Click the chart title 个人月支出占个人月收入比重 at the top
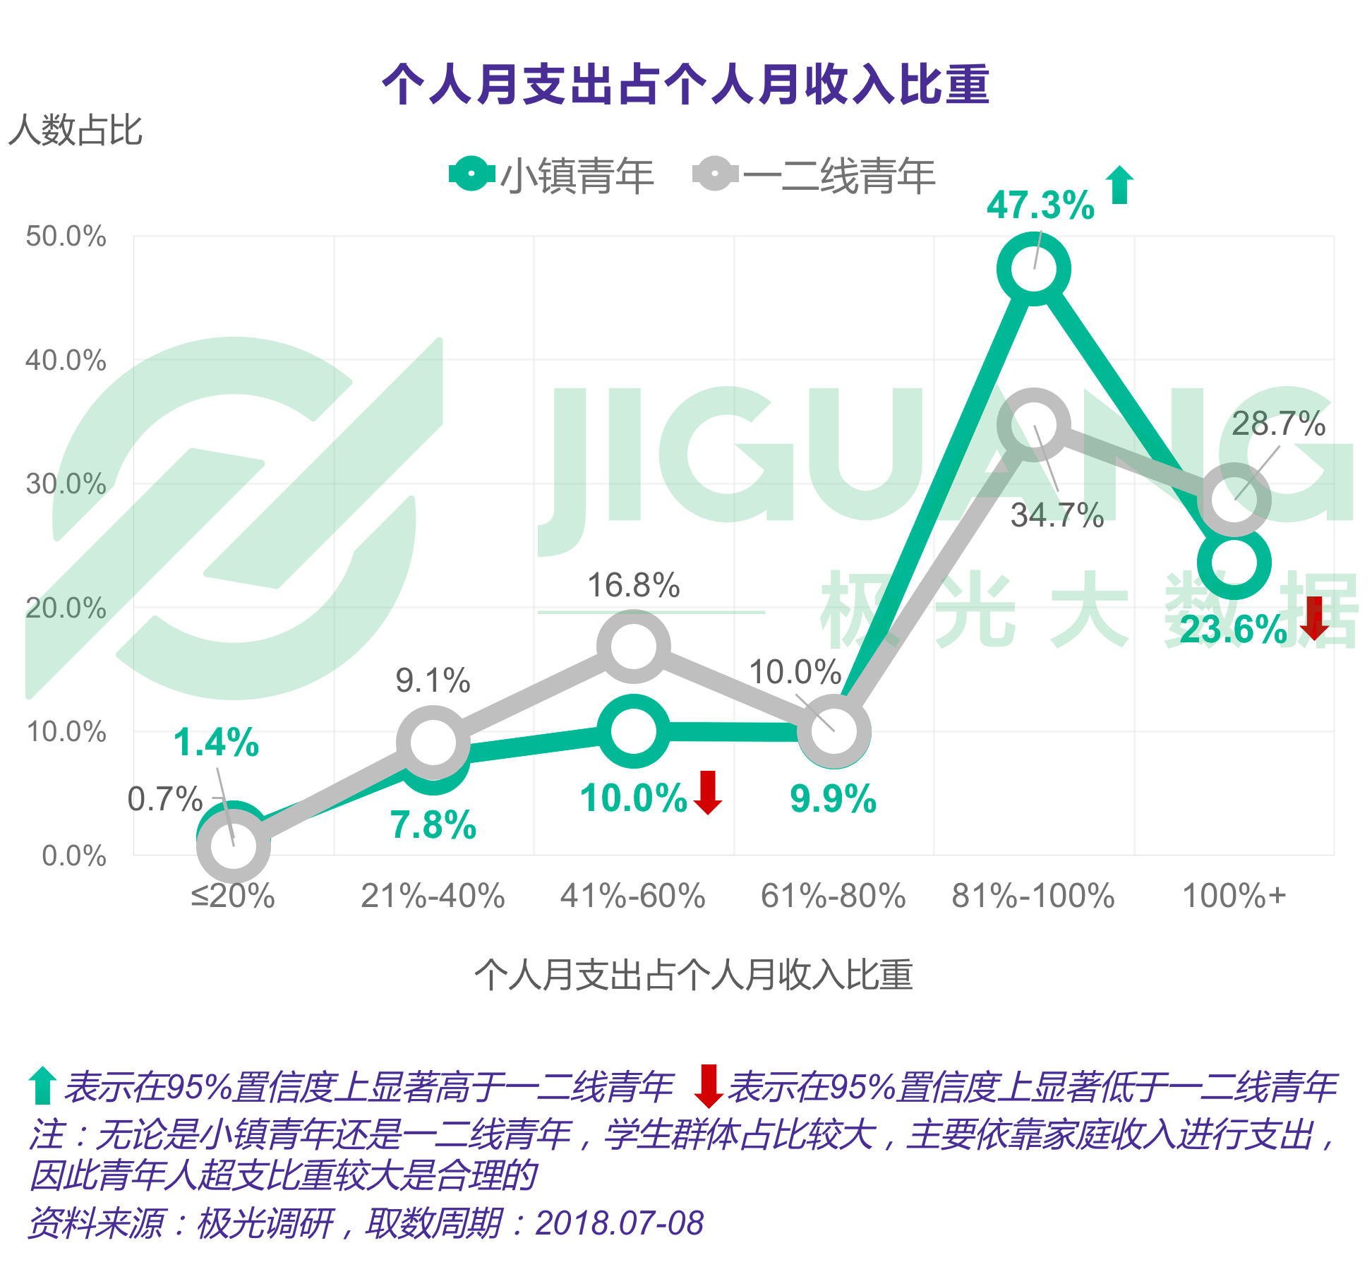coord(685,85)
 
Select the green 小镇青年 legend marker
coord(471,174)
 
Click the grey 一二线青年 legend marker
coord(715,174)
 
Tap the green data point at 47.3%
coord(1034,270)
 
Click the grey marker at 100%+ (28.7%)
coord(1234,500)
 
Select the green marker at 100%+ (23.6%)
coord(1234,563)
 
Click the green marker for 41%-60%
coord(634,731)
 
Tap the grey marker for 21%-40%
coord(433,743)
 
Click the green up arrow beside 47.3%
coord(1119,185)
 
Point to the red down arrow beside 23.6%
coord(1314,618)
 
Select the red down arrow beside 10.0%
coord(708,793)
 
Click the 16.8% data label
coord(633,586)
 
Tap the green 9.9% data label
coord(833,799)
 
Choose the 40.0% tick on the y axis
coord(66,361)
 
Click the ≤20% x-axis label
coord(233,896)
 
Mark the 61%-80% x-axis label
coord(833,896)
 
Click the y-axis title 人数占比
coord(76,131)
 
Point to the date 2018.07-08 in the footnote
coord(619,1223)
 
